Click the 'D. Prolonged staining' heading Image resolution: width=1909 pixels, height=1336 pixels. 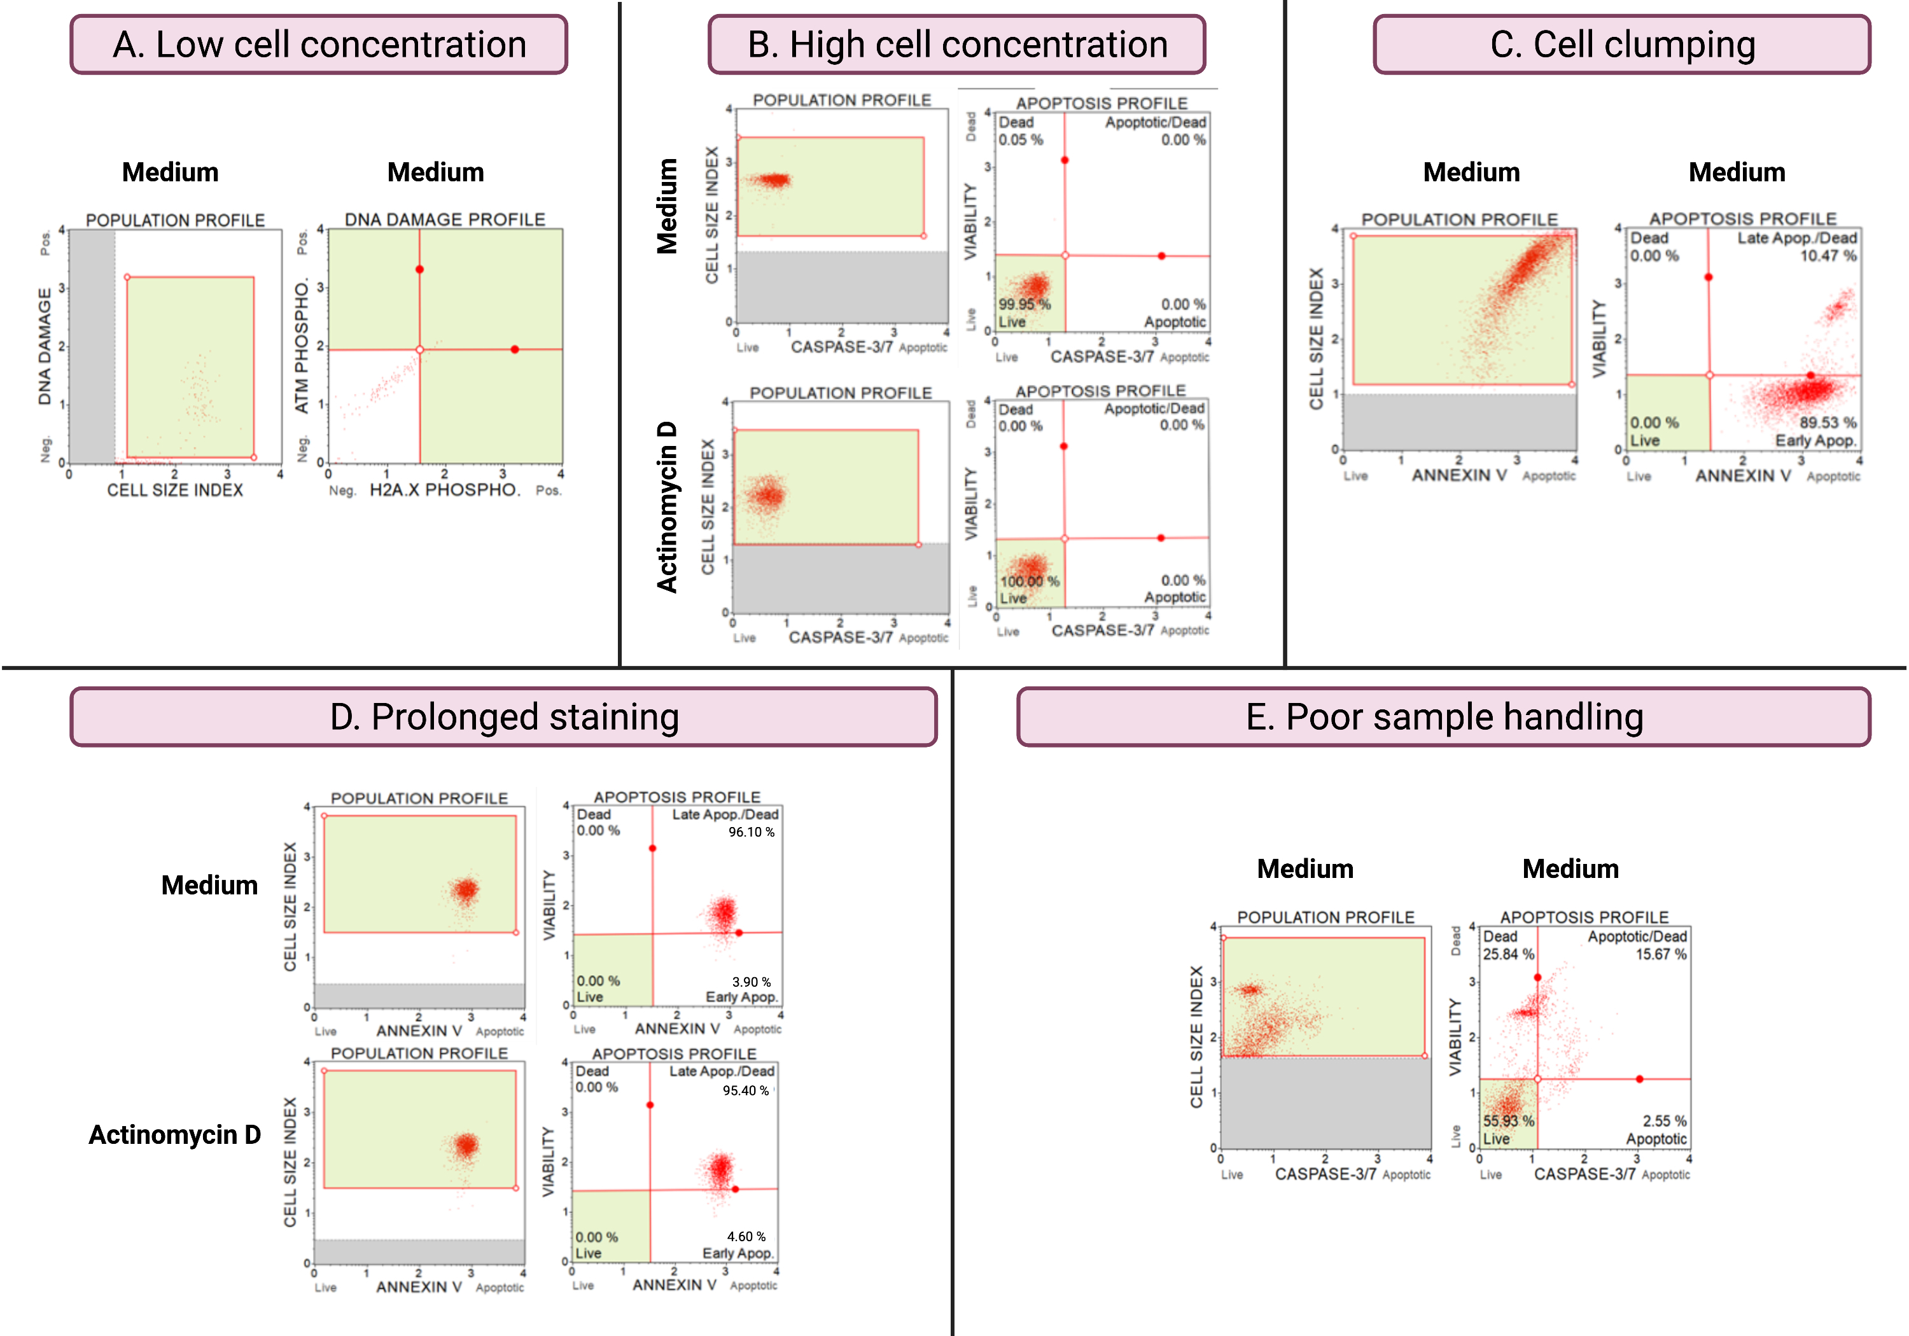[504, 716]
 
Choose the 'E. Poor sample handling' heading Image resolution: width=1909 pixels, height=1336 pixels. [1444, 716]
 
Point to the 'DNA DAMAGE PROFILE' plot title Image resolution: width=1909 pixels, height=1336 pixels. [445, 219]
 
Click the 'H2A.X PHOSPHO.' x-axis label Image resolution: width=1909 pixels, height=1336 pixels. [445, 490]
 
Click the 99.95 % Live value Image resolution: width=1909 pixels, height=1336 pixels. [1024, 304]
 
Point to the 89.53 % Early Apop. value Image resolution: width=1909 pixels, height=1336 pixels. [1828, 422]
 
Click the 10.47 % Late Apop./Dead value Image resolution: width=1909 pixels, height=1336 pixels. [1828, 255]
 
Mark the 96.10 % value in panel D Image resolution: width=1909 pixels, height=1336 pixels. [751, 832]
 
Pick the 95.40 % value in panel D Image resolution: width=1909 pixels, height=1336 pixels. [746, 1090]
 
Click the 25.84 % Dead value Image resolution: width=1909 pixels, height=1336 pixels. [1508, 954]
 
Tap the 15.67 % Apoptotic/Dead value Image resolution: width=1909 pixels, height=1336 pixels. [1660, 954]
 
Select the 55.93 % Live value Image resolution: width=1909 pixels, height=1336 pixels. [1508, 1121]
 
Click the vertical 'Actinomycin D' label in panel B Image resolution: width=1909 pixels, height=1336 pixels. [667, 507]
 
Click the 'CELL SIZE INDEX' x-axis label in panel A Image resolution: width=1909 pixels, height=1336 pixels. [174, 491]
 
